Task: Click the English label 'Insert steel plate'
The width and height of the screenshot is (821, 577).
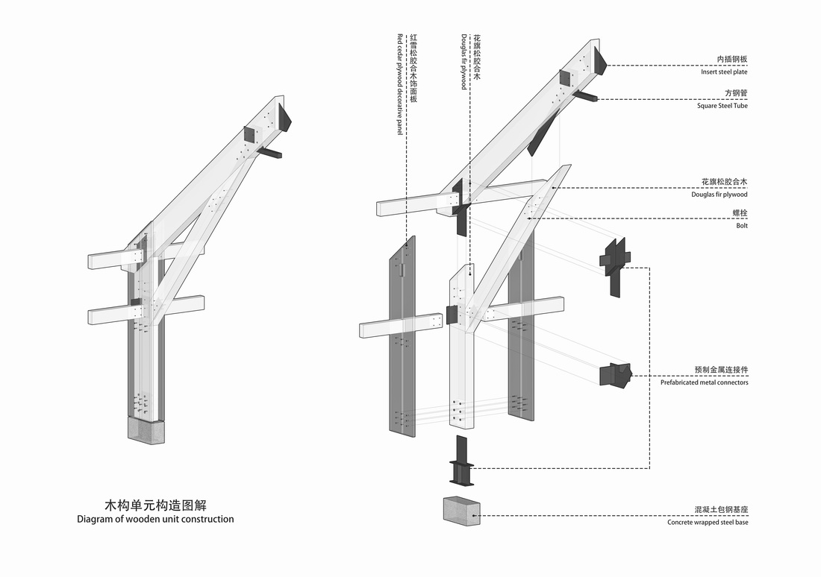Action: click(x=724, y=72)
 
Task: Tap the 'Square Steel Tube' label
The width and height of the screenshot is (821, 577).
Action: click(x=722, y=106)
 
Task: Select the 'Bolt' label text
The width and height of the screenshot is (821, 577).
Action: click(x=741, y=225)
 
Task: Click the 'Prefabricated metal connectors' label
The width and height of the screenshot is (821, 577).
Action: click(x=704, y=382)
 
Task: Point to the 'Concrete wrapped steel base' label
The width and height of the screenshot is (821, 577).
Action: click(x=708, y=523)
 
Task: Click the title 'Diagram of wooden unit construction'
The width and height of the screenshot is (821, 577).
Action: click(x=155, y=519)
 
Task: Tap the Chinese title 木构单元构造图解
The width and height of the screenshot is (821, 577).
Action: click(x=155, y=505)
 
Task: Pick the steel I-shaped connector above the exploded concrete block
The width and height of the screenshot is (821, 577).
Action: click(x=461, y=464)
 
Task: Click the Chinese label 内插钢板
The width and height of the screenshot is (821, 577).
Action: click(x=732, y=60)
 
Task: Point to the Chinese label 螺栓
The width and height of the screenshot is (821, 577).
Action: click(x=740, y=213)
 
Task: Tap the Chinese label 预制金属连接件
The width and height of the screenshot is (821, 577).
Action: click(x=721, y=371)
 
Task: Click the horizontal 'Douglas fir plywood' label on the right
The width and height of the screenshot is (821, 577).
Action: click(x=719, y=195)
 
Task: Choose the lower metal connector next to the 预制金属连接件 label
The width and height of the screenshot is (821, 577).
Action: click(x=614, y=374)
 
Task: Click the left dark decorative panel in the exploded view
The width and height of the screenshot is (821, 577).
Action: click(x=402, y=335)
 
